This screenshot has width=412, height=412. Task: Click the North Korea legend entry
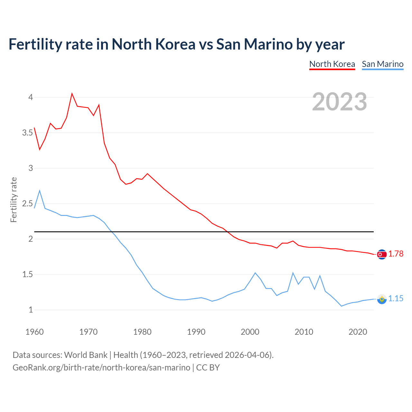[332, 64]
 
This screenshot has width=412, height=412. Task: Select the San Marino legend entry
[382, 64]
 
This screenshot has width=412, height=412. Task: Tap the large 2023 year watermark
[340, 102]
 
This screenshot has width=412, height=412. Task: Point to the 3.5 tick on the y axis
[28, 133]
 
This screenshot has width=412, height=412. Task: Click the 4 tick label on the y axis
[31, 97]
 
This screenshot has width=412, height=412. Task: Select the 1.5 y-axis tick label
[28, 275]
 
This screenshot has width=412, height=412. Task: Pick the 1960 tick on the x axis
[34, 332]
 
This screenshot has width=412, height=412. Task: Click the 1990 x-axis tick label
[196, 332]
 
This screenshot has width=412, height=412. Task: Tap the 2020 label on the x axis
[358, 332]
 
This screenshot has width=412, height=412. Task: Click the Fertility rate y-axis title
[14, 200]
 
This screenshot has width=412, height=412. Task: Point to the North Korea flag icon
[382, 254]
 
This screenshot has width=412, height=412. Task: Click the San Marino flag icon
[382, 299]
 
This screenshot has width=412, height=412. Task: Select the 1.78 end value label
[396, 254]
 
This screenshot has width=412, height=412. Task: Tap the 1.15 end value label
[396, 299]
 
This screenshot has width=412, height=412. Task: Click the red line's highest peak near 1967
[72, 94]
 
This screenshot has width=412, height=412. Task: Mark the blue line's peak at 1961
[40, 191]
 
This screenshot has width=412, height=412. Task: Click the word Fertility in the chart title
[35, 44]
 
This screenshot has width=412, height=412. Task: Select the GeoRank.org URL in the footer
[101, 368]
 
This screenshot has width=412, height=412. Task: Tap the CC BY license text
[208, 368]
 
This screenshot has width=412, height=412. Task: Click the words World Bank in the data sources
[86, 355]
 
